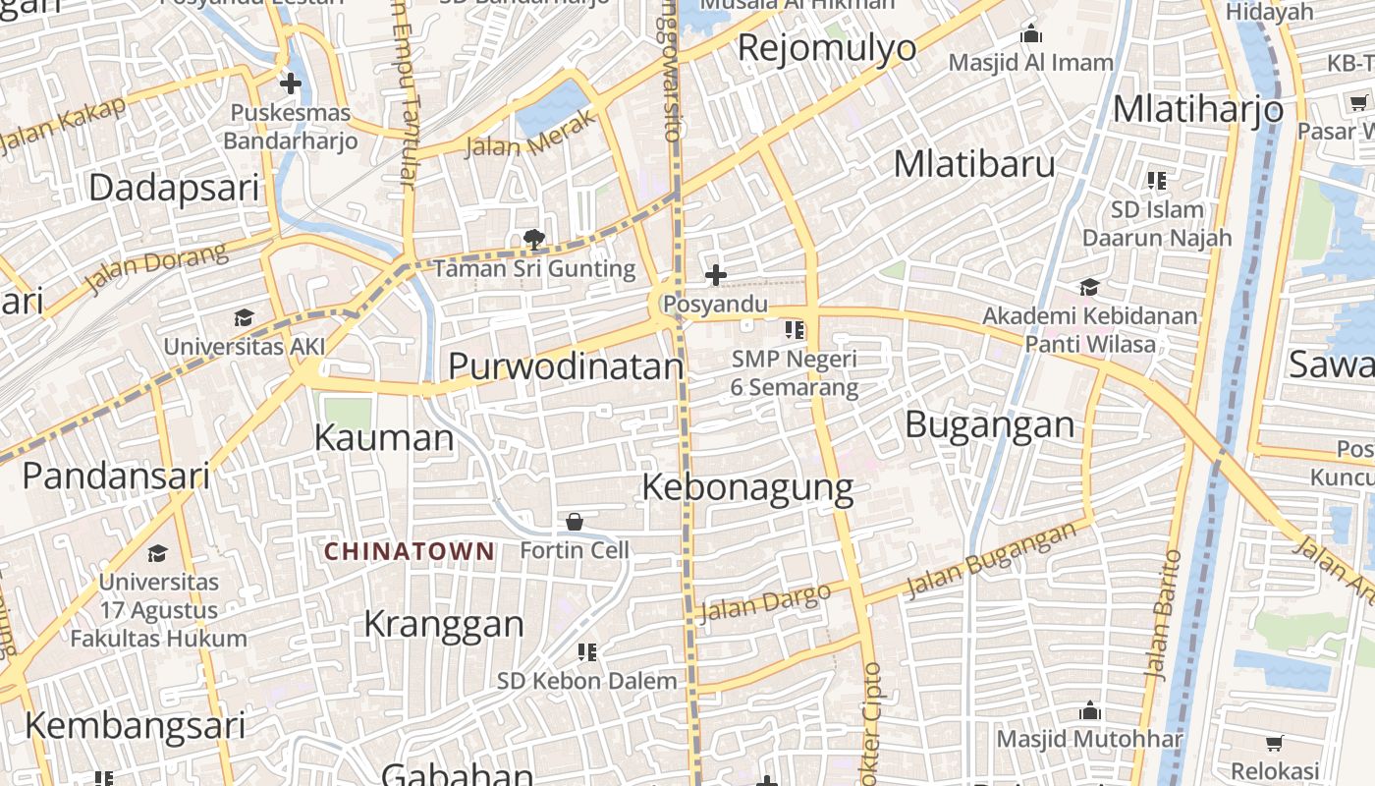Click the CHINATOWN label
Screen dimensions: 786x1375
pyautogui.click(x=410, y=551)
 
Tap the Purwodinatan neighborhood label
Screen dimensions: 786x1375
pyautogui.click(x=565, y=366)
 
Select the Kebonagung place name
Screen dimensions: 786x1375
pyautogui.click(x=747, y=487)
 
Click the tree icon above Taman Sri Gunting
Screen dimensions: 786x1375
pyautogui.click(x=534, y=239)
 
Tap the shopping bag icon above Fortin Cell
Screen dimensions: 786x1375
pyautogui.click(x=575, y=521)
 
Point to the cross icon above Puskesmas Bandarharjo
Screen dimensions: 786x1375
pyautogui.click(x=290, y=84)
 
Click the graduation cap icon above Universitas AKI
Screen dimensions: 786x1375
pyautogui.click(x=244, y=317)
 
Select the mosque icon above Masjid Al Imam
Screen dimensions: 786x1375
pyautogui.click(x=1031, y=35)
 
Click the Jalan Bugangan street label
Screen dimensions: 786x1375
pyautogui.click(x=991, y=561)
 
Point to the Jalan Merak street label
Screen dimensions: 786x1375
pyautogui.click(x=530, y=135)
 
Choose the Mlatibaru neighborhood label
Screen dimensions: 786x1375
pyautogui.click(x=974, y=164)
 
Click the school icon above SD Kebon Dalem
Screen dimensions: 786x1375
pyautogui.click(x=587, y=651)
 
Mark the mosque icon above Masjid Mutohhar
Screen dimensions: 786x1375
pyautogui.click(x=1089, y=710)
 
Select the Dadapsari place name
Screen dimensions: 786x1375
pyautogui.click(x=174, y=188)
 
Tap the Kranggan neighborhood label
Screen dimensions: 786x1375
pyautogui.click(x=444, y=624)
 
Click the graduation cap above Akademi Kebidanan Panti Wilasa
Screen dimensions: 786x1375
pyautogui.click(x=1089, y=287)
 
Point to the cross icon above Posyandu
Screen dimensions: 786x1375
pyautogui.click(x=716, y=275)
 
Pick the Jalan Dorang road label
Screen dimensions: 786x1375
pyautogui.click(x=157, y=268)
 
